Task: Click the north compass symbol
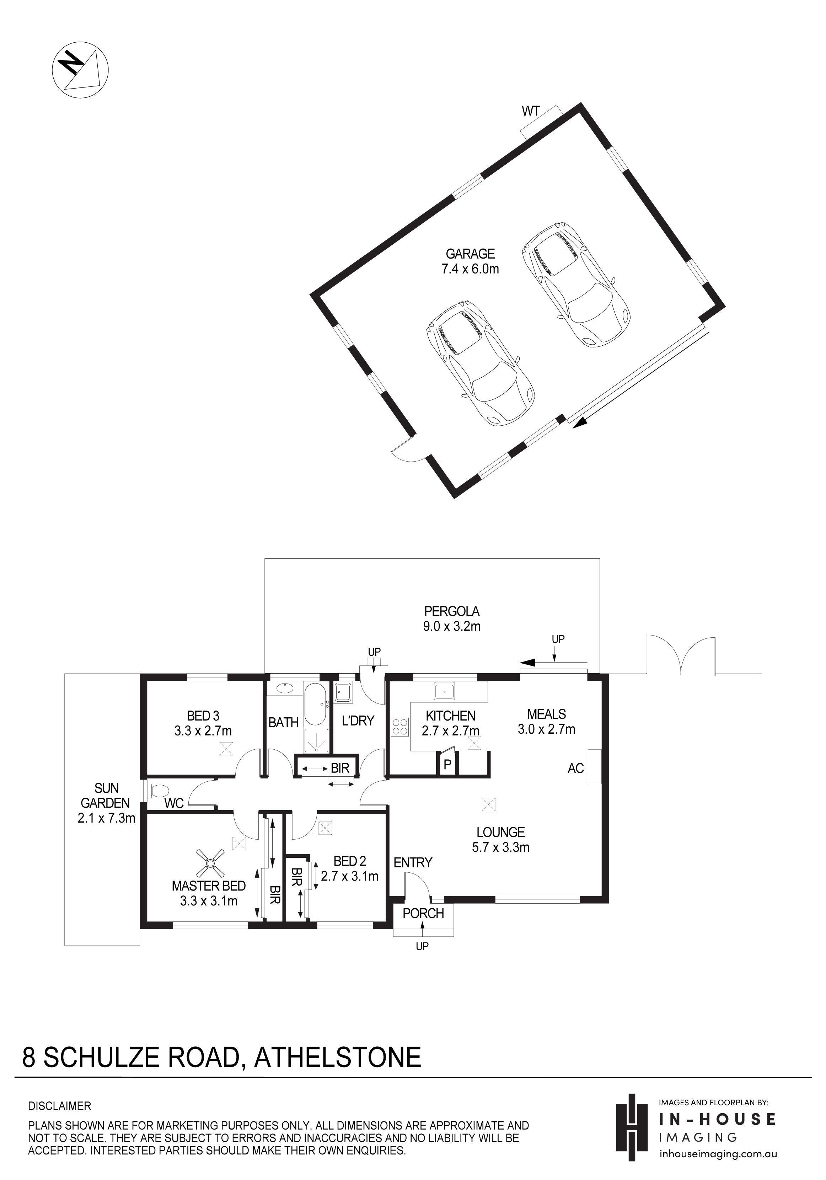point(81,68)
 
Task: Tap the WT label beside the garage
point(531,111)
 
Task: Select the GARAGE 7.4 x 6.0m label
point(470,261)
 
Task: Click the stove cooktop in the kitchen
point(401,729)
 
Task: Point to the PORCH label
point(423,913)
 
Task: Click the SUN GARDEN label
point(106,796)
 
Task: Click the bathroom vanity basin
point(284,688)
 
